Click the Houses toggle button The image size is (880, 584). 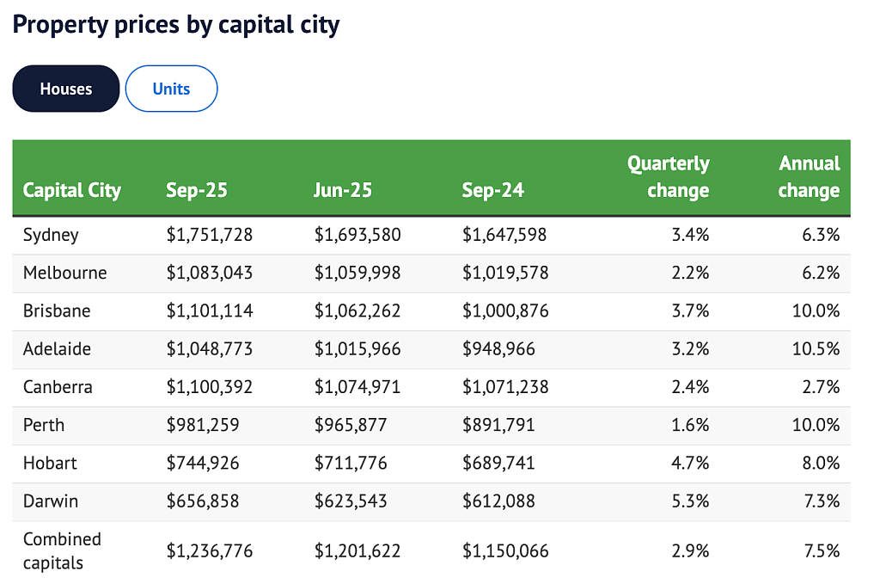pos(65,89)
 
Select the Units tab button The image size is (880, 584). pos(171,89)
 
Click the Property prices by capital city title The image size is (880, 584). pos(175,25)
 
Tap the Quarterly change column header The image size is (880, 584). pos(668,176)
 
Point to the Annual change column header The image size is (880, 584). pos(809,176)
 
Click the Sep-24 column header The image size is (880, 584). pos(492,190)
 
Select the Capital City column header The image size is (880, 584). pos(72,190)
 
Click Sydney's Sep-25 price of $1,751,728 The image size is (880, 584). pos(210,234)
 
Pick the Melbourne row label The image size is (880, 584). pos(64,273)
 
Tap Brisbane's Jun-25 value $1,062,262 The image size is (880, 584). pos(357,310)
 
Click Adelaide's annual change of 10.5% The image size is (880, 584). pos(816,348)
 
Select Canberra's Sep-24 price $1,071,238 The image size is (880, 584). pos(505,387)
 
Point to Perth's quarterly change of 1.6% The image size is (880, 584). pos(690,425)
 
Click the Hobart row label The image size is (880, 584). pos(50,463)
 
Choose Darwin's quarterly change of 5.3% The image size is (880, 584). pos(690,501)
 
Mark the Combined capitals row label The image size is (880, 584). pos(62,550)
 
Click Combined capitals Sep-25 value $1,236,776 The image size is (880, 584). pos(210,550)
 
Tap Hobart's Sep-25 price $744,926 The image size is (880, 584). pos(203,463)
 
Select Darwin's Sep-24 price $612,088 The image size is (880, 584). pos(498,501)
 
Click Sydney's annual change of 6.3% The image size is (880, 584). pos(821,234)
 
